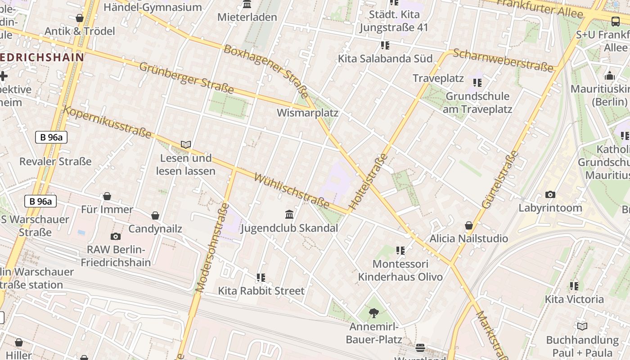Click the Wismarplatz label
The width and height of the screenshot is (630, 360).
307,112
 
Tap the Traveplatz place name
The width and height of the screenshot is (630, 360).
438,78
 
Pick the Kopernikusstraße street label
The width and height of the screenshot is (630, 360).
107,122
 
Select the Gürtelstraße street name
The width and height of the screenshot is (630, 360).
500,180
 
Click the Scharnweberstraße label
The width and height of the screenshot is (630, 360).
503,60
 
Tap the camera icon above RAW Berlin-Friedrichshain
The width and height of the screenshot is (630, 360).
116,236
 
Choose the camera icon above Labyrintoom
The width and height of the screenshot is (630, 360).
550,194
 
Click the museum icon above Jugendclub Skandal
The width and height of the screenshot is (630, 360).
289,214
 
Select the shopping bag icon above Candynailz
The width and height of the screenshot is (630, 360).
155,216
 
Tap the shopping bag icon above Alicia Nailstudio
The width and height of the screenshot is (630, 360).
469,225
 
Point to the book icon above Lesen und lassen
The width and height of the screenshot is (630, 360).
186,144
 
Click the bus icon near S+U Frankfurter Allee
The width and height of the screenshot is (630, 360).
615,21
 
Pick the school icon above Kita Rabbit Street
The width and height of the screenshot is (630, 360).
261,277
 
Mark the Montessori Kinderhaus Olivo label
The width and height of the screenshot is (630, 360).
400,270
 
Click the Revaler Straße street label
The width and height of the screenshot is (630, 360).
55,161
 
